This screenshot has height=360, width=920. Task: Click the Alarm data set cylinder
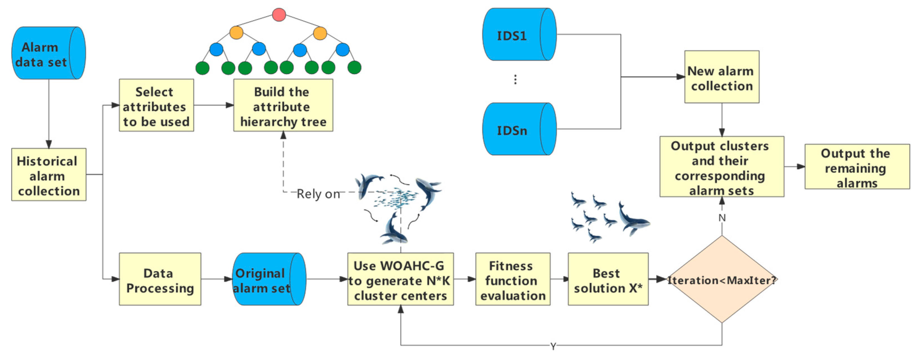click(x=48, y=53)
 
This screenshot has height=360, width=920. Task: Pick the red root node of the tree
click(x=278, y=14)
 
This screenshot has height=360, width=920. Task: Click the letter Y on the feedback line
click(x=553, y=346)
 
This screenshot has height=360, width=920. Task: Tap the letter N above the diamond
click(x=722, y=218)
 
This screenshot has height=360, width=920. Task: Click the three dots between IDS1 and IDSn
click(x=515, y=79)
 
